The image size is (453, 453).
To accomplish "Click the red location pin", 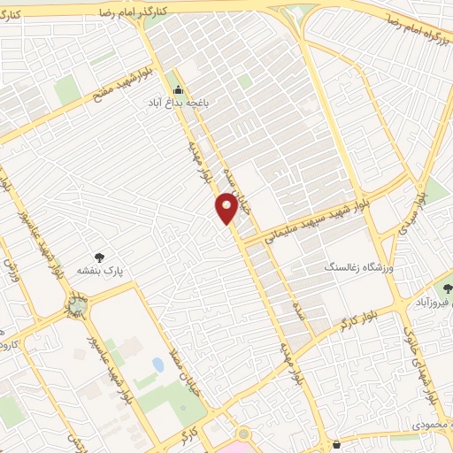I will [226, 209].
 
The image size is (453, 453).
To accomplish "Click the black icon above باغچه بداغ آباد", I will [178, 89].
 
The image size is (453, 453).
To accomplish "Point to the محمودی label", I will [433, 425].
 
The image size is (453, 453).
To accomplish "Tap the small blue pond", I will [157, 365].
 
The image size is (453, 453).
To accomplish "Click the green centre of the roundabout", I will [77, 306].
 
